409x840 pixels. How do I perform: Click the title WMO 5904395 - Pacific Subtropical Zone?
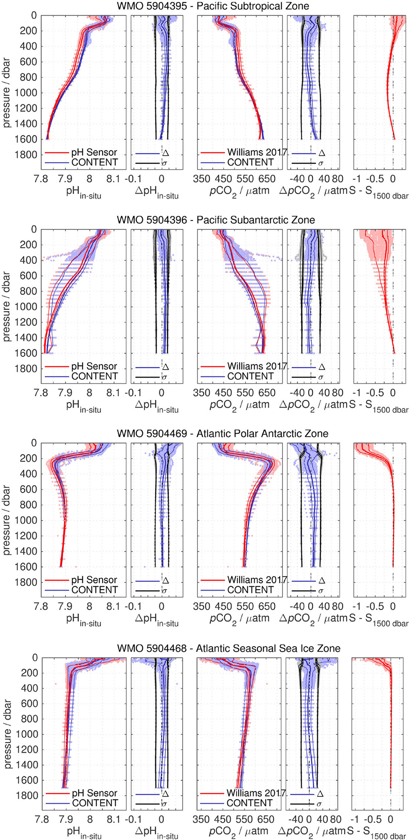click(x=213, y=6)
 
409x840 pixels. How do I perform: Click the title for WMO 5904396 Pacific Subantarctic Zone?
click(x=216, y=220)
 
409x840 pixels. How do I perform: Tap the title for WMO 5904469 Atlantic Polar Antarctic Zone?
click(x=222, y=434)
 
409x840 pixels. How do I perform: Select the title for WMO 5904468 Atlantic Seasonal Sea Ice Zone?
click(x=228, y=648)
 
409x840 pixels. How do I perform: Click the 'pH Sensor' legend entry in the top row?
click(x=94, y=152)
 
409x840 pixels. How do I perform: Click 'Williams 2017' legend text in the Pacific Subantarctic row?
click(x=257, y=366)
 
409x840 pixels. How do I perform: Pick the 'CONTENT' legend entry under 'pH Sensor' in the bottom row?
click(x=95, y=803)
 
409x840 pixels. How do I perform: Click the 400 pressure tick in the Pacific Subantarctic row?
click(x=29, y=260)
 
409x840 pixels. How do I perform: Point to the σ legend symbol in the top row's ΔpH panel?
click(x=164, y=163)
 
